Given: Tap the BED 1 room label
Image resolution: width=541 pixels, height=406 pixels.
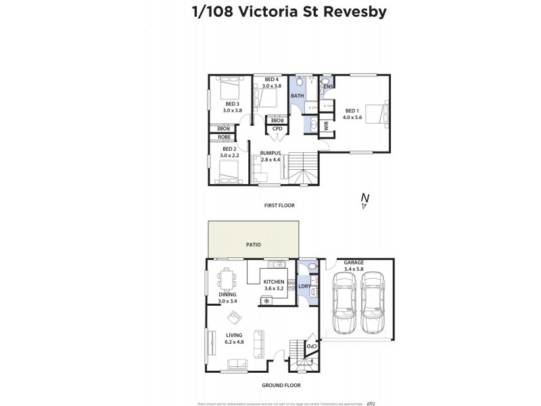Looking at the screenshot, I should coord(352,110).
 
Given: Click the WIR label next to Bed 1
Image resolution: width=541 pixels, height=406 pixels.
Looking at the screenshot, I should coord(326,125).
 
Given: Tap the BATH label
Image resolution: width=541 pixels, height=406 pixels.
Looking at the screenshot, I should coord(297,96).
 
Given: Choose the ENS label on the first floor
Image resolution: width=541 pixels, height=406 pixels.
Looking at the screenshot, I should coord(328,87).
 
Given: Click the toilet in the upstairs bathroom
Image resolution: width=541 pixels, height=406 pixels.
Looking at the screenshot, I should coord(301,83).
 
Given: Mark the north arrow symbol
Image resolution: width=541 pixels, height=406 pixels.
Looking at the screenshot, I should coord(364,200).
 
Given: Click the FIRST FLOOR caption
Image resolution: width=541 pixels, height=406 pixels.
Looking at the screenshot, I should coord(279,205).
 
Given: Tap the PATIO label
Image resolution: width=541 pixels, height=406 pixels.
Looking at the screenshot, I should coord(253,244).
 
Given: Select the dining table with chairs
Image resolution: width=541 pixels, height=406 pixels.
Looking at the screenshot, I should coord(225,277).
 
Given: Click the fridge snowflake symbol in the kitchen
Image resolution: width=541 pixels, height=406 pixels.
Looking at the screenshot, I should coord(266,300).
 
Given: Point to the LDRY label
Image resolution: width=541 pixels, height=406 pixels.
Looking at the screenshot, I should coord(304,287).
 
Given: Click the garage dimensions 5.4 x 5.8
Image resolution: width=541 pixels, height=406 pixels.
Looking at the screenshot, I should coord(354,269).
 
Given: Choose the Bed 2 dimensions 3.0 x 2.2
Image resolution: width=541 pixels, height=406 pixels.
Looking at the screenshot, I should coord(229,155).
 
